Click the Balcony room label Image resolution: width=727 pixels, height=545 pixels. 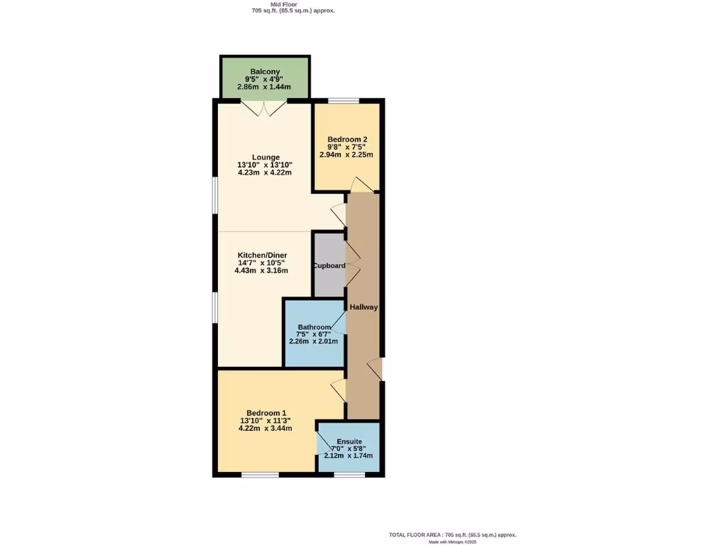265,72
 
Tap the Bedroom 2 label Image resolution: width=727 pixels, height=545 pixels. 346,139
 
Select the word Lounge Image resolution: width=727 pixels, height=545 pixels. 265,158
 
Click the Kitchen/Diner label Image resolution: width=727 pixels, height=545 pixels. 262,255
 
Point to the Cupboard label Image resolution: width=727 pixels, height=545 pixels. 329,266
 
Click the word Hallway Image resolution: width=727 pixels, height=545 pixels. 363,307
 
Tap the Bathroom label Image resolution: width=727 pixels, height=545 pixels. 314,327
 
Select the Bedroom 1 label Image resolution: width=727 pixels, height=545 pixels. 266,413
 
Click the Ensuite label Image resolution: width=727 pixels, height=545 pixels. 349,441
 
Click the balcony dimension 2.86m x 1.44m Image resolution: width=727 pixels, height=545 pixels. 265,86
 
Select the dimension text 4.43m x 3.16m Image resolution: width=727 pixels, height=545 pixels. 262,270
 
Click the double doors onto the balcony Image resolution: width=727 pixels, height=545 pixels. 263,108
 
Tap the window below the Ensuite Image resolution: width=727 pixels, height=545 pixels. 349,474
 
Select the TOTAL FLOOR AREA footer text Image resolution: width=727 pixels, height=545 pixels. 452,534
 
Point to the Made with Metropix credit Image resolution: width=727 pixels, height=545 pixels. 452,541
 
